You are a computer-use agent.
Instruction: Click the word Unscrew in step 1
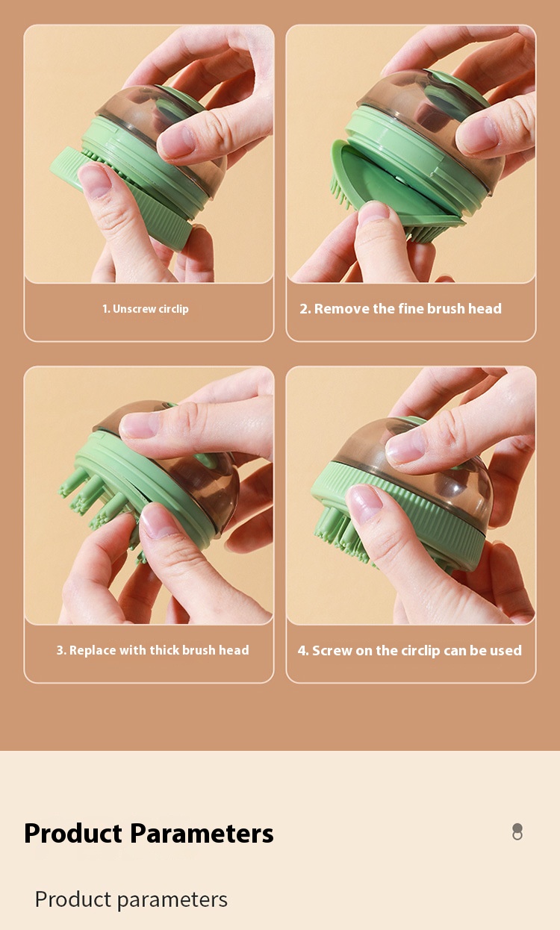pos(134,309)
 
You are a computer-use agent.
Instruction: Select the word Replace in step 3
pos(93,650)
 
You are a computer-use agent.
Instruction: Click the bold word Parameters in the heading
pos(202,833)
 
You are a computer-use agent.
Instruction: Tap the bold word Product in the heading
pos(73,833)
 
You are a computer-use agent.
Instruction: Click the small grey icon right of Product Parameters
pos(517,831)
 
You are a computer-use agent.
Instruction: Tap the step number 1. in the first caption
pos(106,309)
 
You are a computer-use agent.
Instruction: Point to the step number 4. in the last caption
pos(303,651)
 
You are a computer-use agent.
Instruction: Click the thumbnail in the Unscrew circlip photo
pos(96,180)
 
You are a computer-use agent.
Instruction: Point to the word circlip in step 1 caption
pos(174,309)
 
